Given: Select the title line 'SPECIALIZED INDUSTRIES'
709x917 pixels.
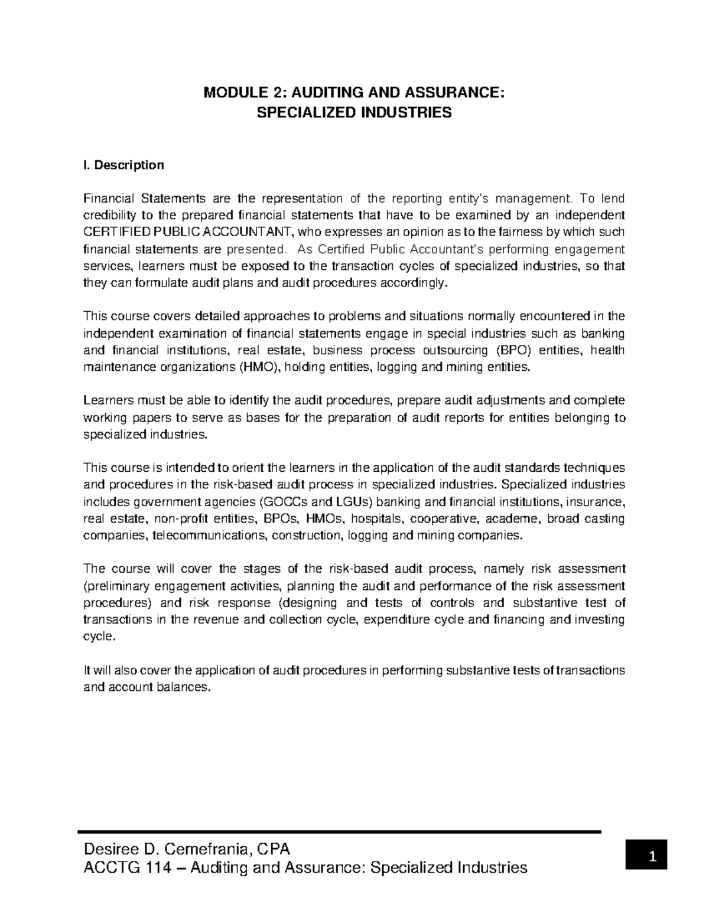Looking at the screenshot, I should coord(354,112).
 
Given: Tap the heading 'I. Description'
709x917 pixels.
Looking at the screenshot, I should coord(123,165).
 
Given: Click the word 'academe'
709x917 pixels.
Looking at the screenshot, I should coord(513,519).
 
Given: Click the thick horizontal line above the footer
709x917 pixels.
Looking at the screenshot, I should coord(339,831).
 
